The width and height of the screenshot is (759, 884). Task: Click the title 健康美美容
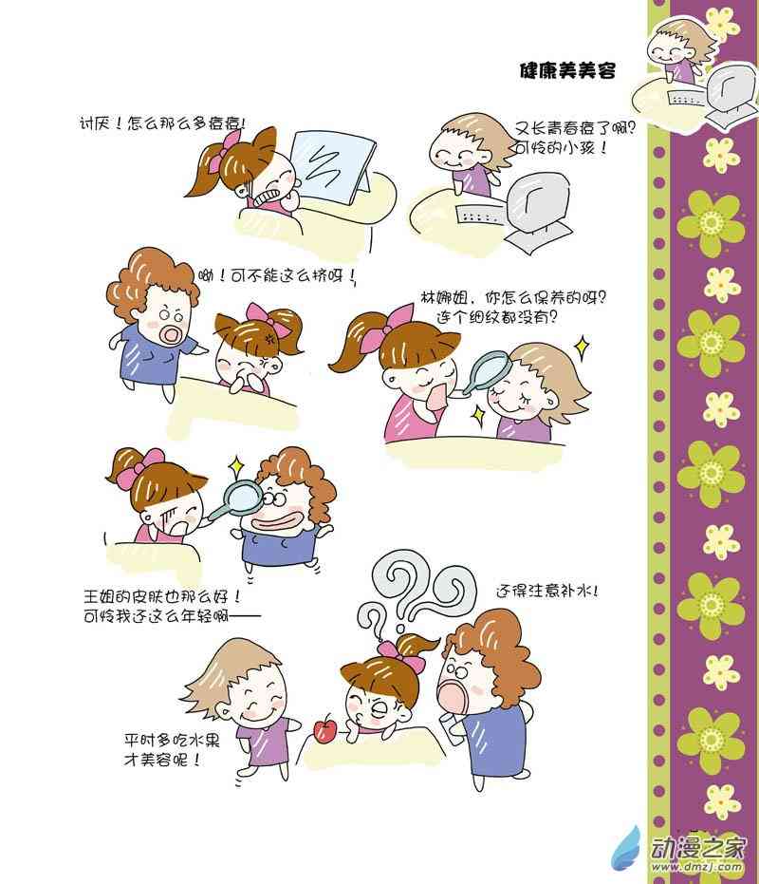tap(566, 70)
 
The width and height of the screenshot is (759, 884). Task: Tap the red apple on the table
tap(324, 729)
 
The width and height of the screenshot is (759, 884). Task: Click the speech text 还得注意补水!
tap(546, 591)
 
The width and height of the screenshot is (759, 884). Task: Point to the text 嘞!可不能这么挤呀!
tap(277, 276)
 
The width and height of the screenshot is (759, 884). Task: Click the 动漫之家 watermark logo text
tap(697, 847)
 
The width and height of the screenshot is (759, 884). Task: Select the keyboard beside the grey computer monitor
tap(480, 215)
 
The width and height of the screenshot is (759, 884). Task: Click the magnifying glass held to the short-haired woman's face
tap(486, 371)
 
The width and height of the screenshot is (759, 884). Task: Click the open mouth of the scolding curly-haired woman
tap(170, 335)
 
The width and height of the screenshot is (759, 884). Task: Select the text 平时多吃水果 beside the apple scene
tap(172, 740)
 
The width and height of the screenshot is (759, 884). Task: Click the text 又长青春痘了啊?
tap(574, 129)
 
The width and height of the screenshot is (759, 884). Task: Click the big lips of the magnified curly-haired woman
tap(274, 519)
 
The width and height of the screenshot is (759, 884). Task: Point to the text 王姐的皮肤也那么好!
tap(162, 595)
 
